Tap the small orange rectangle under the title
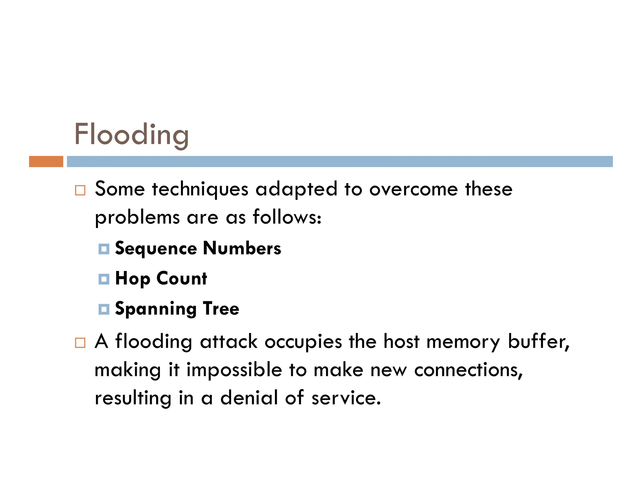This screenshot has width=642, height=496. click(46, 161)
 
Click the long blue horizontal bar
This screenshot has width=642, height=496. click(339, 161)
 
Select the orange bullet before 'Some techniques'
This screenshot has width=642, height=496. click(80, 190)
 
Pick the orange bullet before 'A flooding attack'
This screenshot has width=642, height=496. click(80, 343)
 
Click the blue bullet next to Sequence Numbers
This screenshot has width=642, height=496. click(104, 249)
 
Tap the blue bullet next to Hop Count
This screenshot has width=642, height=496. click(104, 279)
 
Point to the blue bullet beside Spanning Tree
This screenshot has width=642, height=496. click(104, 309)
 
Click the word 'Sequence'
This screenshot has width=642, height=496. click(156, 249)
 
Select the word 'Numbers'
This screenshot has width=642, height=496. click(242, 248)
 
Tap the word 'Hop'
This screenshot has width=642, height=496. click(133, 278)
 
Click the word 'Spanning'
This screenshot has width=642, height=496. click(155, 309)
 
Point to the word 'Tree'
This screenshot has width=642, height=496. click(221, 309)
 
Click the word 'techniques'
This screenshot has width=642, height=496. click(200, 189)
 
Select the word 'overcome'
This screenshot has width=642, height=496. click(413, 189)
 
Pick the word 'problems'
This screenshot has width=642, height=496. click(137, 217)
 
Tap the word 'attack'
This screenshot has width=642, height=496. click(229, 341)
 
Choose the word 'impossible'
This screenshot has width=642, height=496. click(234, 370)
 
